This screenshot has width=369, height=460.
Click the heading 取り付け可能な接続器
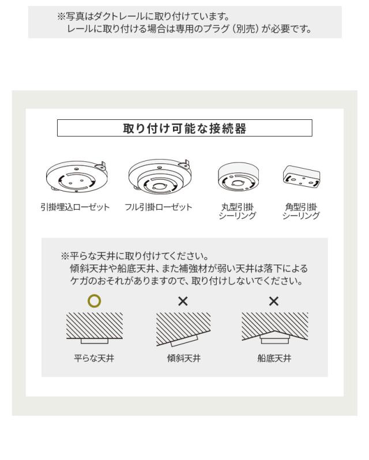tap(184, 129)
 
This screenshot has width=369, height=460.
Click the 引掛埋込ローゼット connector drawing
tap(77, 176)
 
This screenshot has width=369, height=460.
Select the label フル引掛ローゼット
tap(159, 207)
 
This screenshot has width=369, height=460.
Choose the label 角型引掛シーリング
tap(300, 211)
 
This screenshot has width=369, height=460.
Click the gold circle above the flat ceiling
tap(94, 300)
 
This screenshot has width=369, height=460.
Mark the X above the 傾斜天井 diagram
tap(183, 301)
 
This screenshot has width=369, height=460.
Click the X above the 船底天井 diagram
tap(274, 301)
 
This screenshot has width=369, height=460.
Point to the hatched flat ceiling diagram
tap(94, 327)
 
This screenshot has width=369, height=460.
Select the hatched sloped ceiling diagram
tap(183, 327)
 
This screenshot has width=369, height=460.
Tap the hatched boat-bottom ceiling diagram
tap(274, 326)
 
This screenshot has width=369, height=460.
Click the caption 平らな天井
tap(95, 358)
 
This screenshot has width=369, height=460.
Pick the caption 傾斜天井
tap(183, 358)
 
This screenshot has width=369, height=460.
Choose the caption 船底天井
tap(274, 358)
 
